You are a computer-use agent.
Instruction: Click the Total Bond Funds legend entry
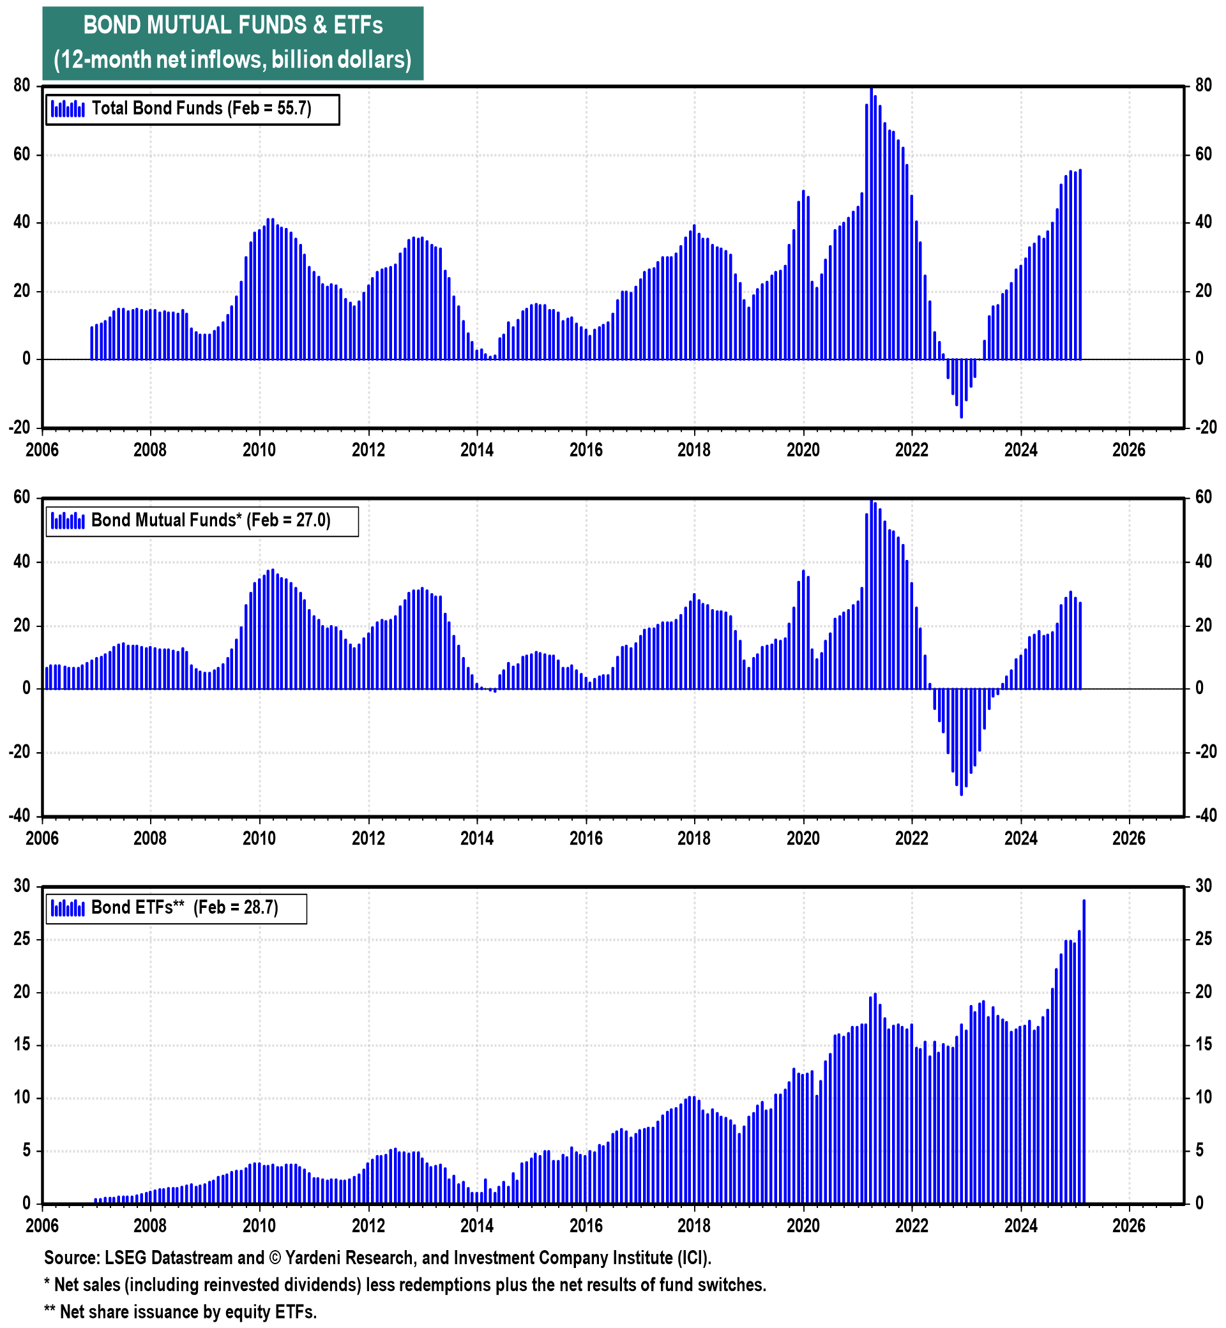click(192, 109)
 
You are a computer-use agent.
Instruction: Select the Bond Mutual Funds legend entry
click(202, 521)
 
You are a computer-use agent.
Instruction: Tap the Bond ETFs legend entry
click(176, 908)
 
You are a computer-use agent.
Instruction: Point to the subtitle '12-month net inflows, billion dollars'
click(233, 61)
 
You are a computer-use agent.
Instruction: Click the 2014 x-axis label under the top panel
click(477, 450)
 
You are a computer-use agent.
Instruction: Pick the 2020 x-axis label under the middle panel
click(803, 839)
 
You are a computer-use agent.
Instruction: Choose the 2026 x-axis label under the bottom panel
click(1128, 1226)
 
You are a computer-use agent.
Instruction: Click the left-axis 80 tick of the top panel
click(21, 86)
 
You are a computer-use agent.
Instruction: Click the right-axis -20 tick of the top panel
click(1205, 428)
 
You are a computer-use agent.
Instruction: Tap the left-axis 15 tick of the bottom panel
click(22, 1045)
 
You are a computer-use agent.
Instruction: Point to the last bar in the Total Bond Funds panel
click(1080, 265)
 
